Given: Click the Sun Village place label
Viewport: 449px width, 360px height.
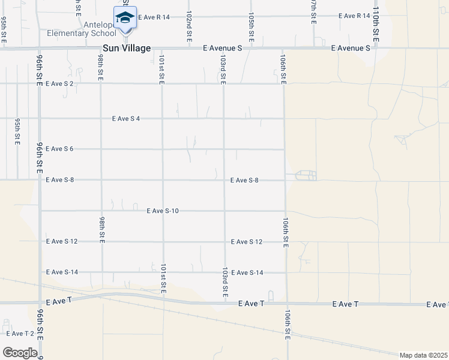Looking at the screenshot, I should [x=127, y=48].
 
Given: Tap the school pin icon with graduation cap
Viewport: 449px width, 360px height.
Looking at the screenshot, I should [x=124, y=17].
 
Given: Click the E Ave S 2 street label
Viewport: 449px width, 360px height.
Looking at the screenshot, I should [x=59, y=83].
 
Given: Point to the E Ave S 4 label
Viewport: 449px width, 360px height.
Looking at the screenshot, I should [x=126, y=119].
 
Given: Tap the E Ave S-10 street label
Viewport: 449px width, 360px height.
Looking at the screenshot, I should [x=162, y=211].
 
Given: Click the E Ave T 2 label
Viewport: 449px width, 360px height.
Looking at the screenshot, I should [x=20, y=334].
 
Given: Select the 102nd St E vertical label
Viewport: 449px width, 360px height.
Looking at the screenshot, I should [x=189, y=25].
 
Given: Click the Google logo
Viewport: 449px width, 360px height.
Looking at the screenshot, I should [x=19, y=353].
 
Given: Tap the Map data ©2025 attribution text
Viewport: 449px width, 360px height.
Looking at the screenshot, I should [x=424, y=355].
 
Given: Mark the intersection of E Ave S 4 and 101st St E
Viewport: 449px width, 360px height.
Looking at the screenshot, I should [x=162, y=119].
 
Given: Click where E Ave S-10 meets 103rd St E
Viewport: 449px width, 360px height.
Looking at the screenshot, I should [x=224, y=211].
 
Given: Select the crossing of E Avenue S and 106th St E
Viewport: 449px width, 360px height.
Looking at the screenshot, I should [x=283, y=49].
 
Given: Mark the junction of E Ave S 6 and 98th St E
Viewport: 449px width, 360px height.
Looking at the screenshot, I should [x=101, y=149].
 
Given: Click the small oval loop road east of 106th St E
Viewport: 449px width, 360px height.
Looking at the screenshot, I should [x=306, y=175].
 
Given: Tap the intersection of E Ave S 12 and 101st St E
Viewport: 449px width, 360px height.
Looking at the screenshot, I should [x=163, y=241].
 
